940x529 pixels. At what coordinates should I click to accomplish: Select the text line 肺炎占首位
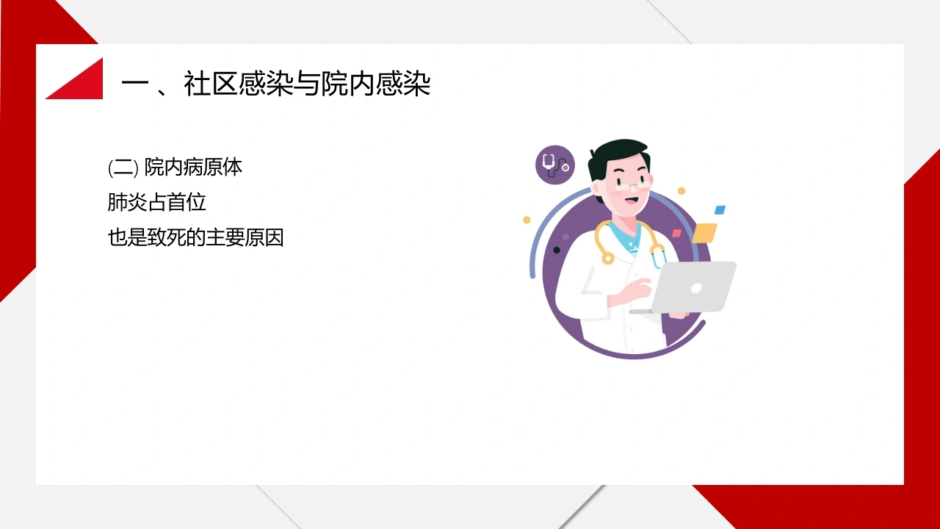[x=156, y=202]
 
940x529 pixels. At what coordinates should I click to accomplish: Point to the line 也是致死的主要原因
[x=195, y=237]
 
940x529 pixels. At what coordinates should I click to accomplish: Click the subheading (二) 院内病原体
[x=175, y=168]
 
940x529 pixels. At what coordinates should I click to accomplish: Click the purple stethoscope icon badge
[x=555, y=165]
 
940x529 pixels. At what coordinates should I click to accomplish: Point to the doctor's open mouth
[x=632, y=201]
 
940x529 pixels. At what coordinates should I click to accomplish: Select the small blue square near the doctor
[x=720, y=209]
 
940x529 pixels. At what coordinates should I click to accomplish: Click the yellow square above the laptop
[x=704, y=233]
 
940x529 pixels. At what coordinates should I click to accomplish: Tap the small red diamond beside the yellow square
[x=676, y=233]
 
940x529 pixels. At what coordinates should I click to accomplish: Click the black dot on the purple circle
[x=557, y=251]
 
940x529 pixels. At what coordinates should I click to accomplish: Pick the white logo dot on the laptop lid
[x=696, y=288]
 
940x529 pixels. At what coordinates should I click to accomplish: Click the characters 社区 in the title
[x=211, y=84]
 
